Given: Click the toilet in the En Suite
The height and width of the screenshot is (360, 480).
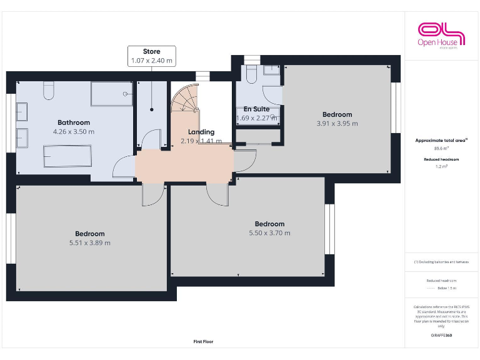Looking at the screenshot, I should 251,75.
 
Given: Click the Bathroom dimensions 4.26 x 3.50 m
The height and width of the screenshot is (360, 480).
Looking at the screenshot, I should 74,132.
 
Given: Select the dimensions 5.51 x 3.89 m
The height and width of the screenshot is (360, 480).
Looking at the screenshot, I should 90,243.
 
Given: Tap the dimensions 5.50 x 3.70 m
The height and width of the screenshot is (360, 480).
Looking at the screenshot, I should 269,233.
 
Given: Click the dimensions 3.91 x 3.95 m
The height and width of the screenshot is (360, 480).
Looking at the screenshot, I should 337,124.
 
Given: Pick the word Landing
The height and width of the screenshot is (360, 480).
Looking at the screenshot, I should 201,132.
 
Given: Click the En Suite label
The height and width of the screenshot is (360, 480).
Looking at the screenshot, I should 256,109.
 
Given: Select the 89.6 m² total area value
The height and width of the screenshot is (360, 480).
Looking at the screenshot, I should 442,149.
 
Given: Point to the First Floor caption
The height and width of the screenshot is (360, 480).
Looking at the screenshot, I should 203,342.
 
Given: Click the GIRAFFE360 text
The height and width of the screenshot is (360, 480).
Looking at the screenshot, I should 442,336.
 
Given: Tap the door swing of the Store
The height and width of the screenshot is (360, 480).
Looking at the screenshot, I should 151,140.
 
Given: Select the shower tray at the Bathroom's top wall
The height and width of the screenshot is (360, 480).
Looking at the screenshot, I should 112,94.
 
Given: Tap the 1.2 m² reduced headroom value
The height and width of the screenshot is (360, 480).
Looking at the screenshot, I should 442,167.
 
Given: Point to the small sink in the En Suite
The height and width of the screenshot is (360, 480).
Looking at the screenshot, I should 271,71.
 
